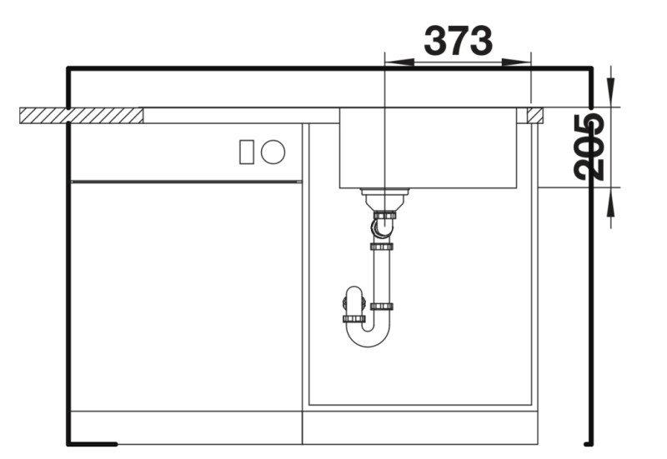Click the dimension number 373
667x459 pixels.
coord(458,40)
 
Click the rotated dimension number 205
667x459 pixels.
coord(589,147)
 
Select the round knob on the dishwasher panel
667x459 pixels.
coord(273,152)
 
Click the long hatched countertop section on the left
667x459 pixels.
coord(81,115)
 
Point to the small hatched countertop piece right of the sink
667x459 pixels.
coord(534,115)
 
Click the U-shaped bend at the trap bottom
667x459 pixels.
coord(368,337)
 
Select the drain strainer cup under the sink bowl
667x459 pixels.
coord(384,197)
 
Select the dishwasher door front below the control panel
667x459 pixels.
coord(185,296)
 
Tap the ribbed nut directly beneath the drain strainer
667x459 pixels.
coord(384,215)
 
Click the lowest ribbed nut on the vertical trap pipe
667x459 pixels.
coord(382,307)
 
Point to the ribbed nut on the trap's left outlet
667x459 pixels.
coord(354,318)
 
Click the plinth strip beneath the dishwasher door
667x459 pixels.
coord(185,427)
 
